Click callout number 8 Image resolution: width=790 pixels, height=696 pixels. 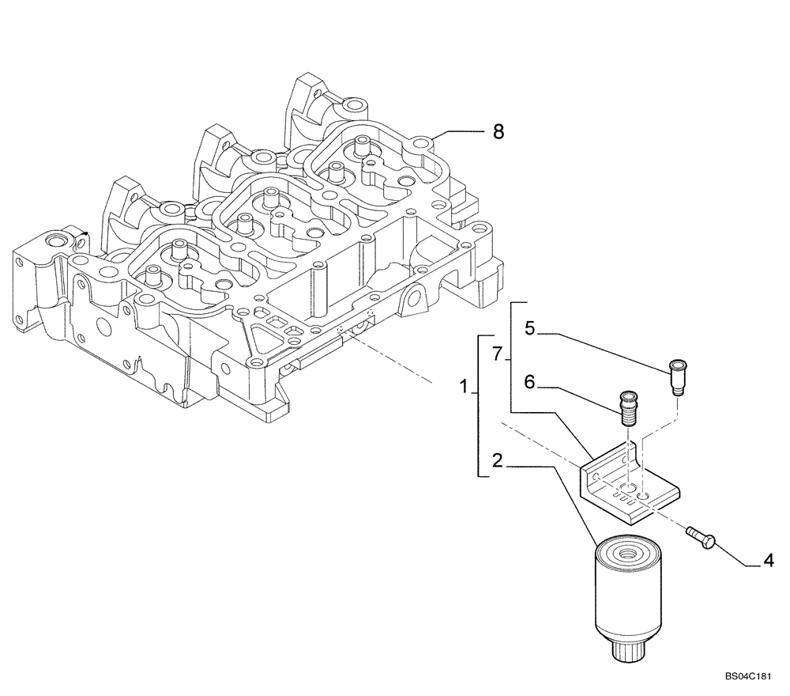[x=498, y=132]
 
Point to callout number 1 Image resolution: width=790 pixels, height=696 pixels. [x=465, y=388]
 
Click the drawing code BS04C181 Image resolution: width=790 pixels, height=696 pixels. [x=746, y=678]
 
